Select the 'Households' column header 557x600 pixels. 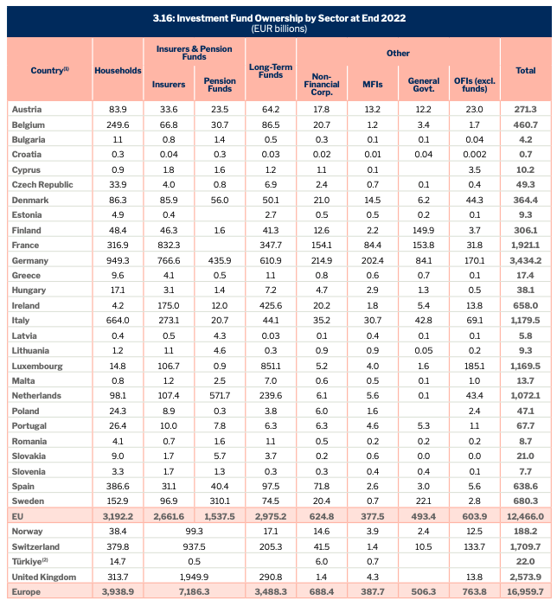point(118,70)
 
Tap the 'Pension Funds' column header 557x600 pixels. point(220,85)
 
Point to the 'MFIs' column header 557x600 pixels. point(372,85)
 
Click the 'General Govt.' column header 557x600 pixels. point(424,85)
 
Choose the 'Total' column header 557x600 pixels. point(525,70)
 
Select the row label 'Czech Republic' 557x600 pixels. point(43,184)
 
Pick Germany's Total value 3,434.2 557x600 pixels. point(525,260)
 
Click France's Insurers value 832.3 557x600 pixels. point(169,246)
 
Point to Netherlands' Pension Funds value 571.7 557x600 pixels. point(220,397)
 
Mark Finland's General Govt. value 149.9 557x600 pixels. point(424,230)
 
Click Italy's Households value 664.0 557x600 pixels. point(118,321)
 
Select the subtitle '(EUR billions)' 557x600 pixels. point(278,29)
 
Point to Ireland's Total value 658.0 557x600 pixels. point(525,306)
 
